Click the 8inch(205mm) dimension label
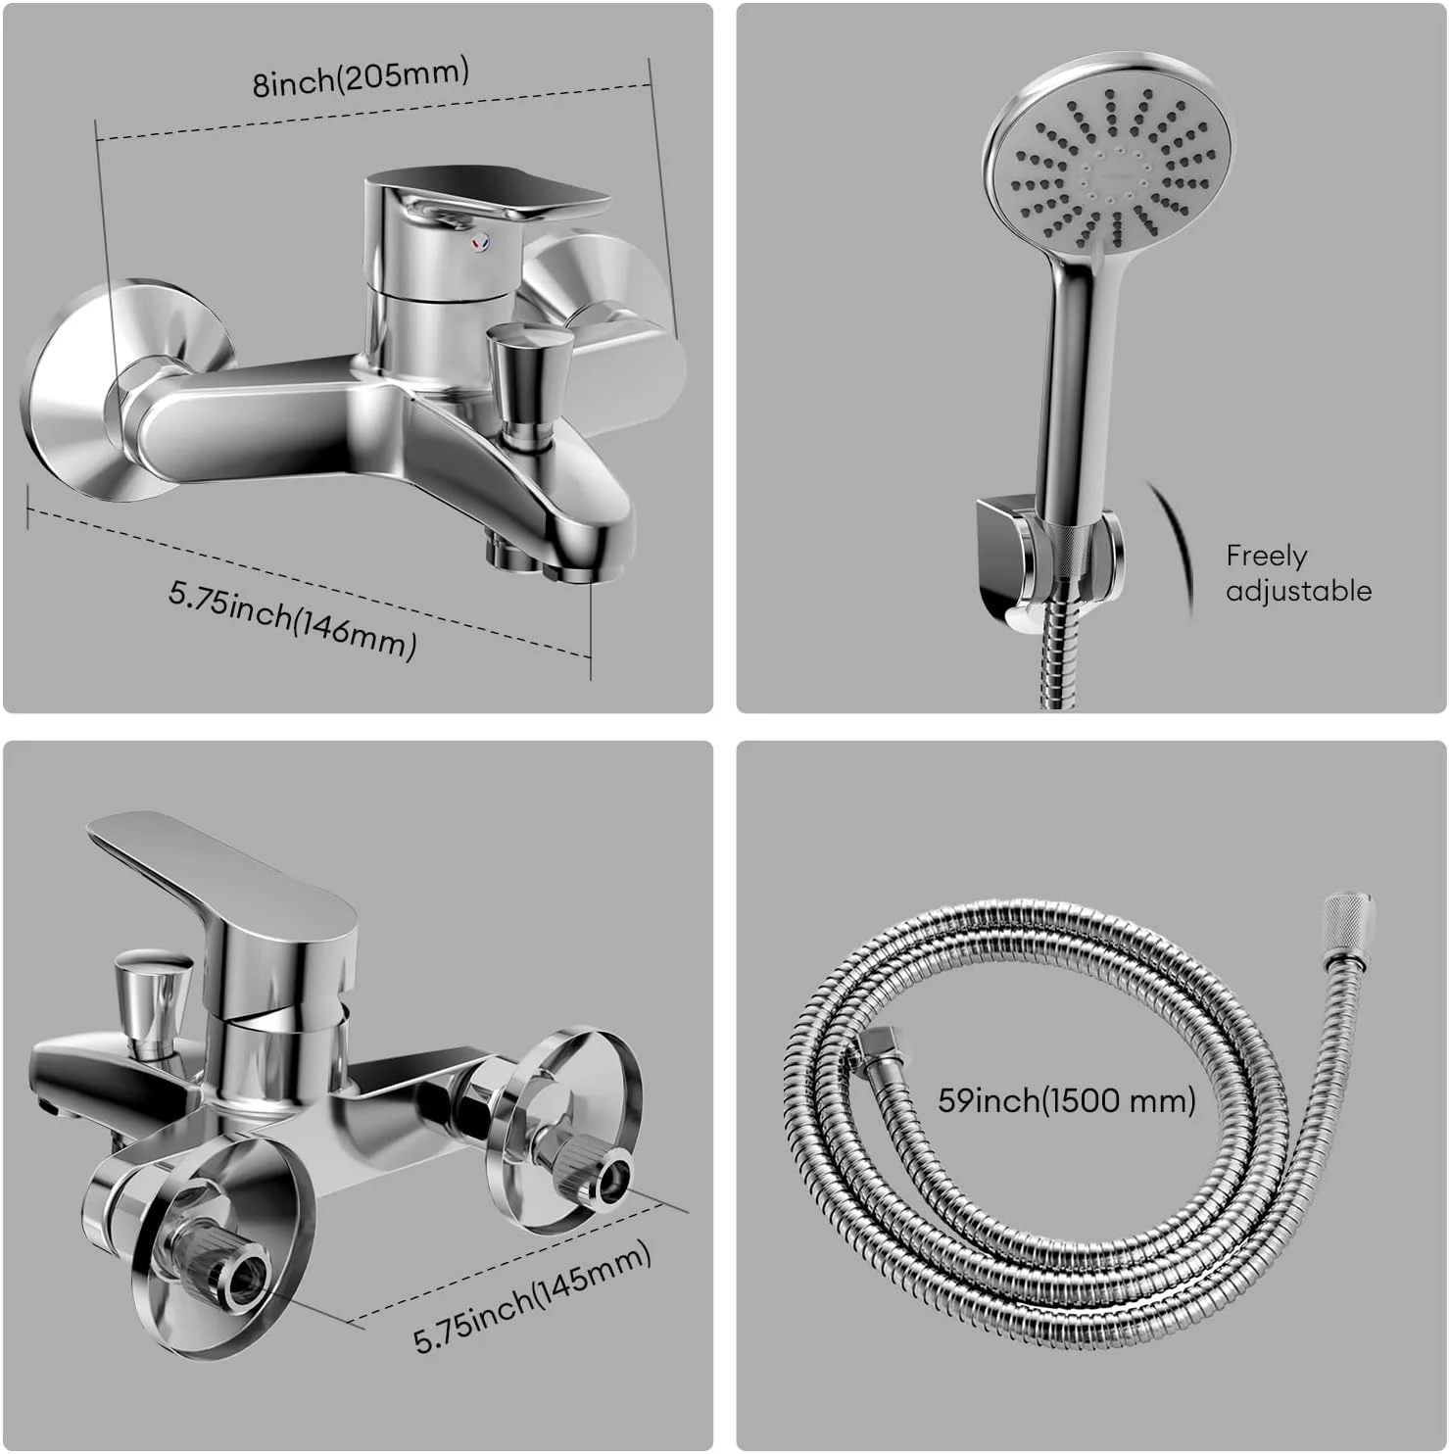(362, 77)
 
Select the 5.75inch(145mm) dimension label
(533, 1297)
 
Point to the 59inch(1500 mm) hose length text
(1067, 1100)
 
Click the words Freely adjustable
(1298, 573)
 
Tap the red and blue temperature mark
(478, 242)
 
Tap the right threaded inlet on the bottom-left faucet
(597, 1175)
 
